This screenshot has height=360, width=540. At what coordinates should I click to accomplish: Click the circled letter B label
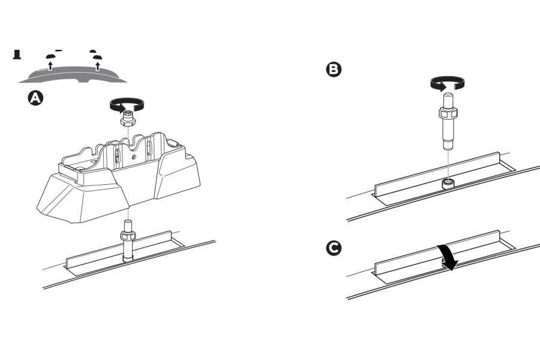(x=332, y=70)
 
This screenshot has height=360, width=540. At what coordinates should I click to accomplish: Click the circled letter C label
(x=332, y=247)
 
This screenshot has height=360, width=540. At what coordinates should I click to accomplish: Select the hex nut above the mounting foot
(x=128, y=120)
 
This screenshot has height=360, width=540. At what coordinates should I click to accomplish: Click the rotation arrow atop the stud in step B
(x=446, y=84)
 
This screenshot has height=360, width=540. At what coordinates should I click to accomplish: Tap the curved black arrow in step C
(x=448, y=256)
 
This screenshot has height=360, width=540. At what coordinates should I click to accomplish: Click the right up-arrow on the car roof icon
(x=97, y=64)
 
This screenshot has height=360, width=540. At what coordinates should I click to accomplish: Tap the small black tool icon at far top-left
(x=17, y=55)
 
